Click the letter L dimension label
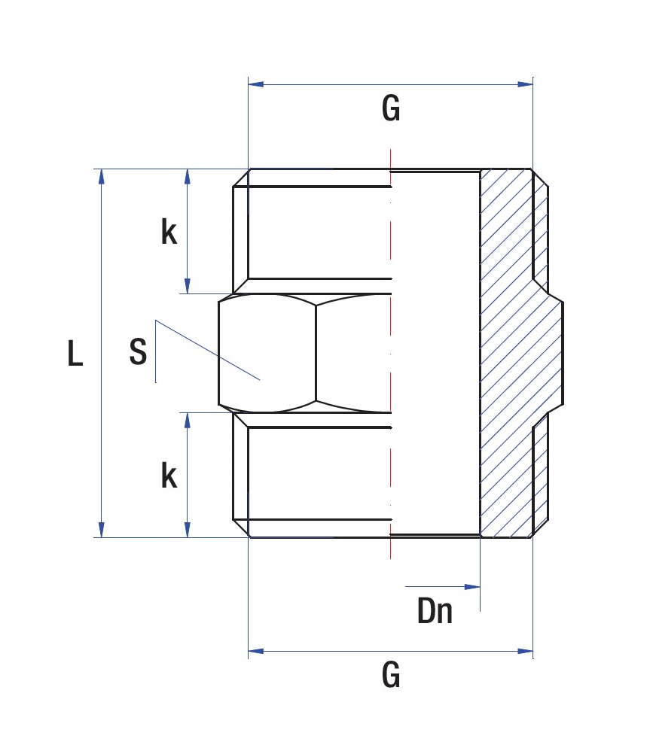pos(75,353)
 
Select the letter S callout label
pos(138,351)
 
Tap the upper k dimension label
pos(169,232)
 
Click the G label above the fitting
pos(391,108)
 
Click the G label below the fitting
pos(391,674)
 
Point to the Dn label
pos(435,611)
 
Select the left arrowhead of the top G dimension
pos(256,84)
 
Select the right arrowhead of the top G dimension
pos(525,84)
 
